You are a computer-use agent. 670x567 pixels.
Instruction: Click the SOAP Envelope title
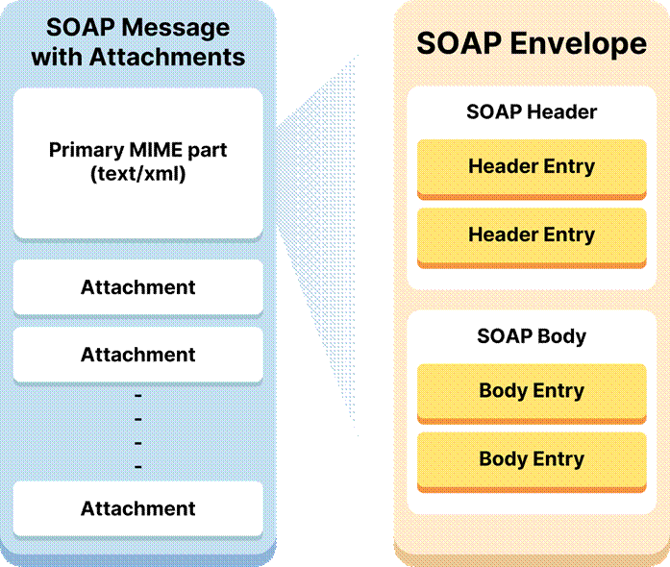coord(532,43)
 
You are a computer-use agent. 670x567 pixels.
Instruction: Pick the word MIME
coord(161,151)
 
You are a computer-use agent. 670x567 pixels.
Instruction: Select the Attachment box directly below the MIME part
coord(137,287)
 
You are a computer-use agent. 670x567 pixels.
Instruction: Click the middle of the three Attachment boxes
coord(137,355)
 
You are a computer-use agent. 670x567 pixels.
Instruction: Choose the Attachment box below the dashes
coord(137,508)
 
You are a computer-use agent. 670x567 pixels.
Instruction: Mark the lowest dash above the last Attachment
coord(138,466)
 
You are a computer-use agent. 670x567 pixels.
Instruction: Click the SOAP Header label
coord(532,111)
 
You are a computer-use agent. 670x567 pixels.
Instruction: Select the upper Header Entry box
coord(532,166)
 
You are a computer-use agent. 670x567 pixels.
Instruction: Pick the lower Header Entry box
coord(532,234)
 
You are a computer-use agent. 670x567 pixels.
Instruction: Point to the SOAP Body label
coord(532,336)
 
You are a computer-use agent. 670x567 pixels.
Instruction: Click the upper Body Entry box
coord(532,391)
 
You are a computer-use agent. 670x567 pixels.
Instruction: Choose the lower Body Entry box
coord(532,458)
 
